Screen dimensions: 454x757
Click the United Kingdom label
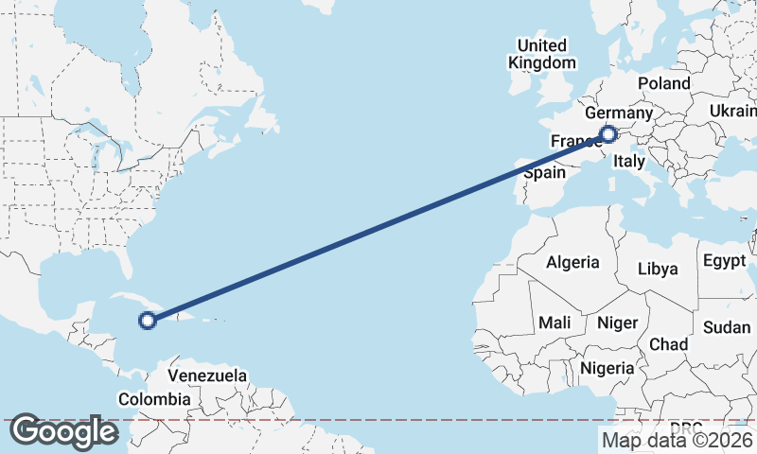[x=541, y=54]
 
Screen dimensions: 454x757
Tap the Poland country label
[x=663, y=83]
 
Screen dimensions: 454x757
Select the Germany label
[x=625, y=113]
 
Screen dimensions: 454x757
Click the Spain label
[x=544, y=173]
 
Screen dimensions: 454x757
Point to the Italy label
[x=629, y=163]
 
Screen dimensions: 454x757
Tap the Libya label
[x=658, y=269]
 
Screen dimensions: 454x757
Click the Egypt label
[x=725, y=259]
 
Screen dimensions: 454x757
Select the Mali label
[x=555, y=323]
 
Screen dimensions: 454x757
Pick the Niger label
[x=617, y=323]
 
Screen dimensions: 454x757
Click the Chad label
[x=668, y=344]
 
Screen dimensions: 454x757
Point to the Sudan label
[x=727, y=327]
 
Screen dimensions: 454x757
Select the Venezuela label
[x=207, y=375]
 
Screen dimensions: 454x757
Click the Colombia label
[x=154, y=399]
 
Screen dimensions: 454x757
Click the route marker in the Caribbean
[x=147, y=321]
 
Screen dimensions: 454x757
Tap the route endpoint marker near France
[x=608, y=134]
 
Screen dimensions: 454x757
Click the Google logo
[x=63, y=431]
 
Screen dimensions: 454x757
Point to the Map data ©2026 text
[x=677, y=440]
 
